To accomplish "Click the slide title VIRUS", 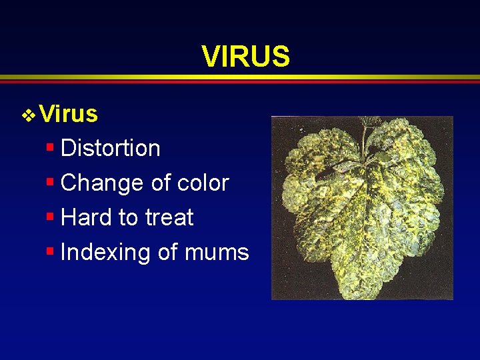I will [x=246, y=57].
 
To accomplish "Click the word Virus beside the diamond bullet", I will [x=69, y=115].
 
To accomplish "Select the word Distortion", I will [x=110, y=148].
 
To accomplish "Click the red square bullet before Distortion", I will [x=50, y=146].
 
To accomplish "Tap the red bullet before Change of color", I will [x=50, y=181].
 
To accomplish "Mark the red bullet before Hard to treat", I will [x=50, y=216].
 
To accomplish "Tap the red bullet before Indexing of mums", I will [x=50, y=251].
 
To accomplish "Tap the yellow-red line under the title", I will [x=240, y=79].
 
